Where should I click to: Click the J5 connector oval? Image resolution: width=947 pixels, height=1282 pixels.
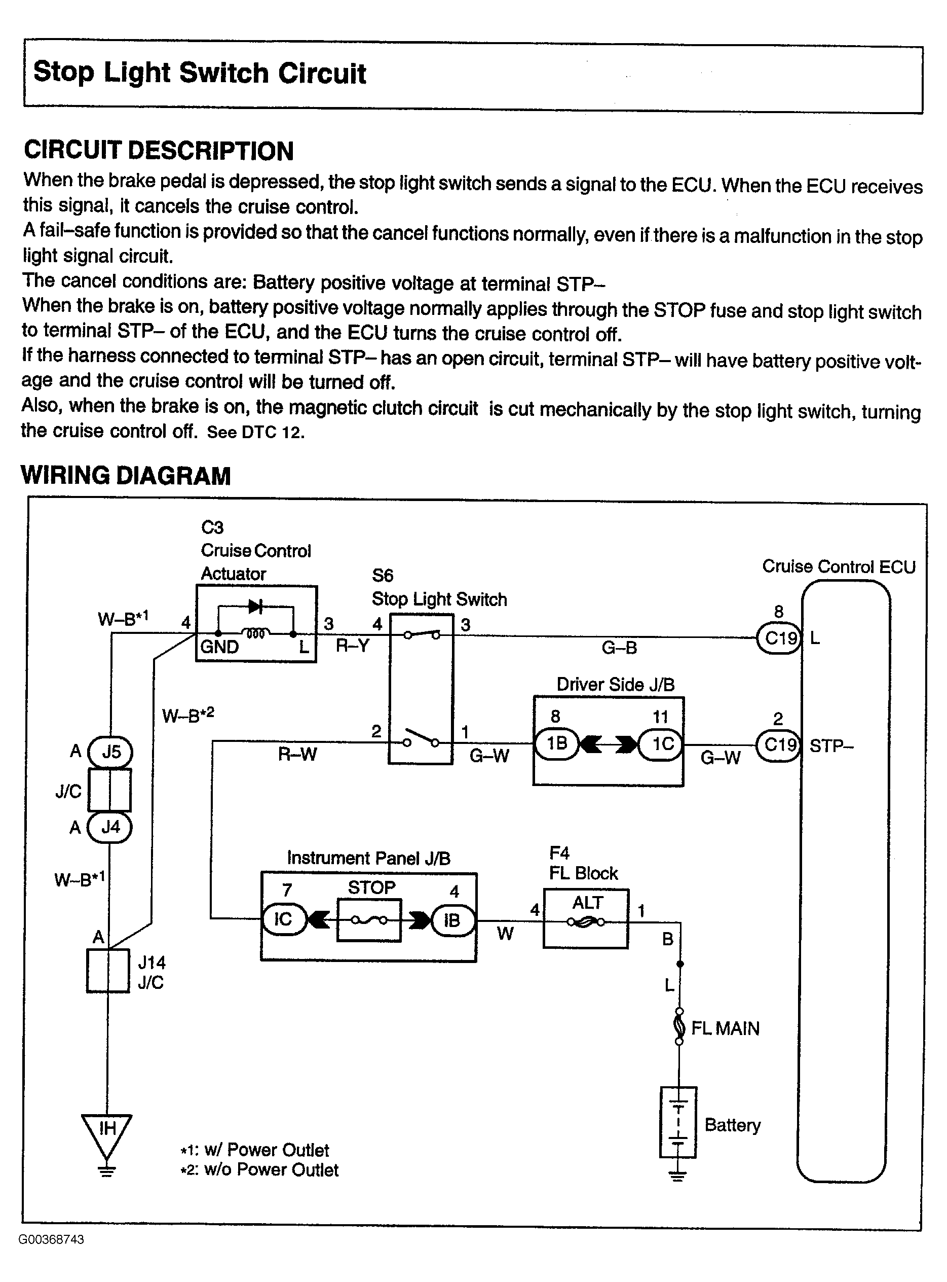click(110, 752)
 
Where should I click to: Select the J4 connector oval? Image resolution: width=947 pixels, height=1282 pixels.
click(109, 827)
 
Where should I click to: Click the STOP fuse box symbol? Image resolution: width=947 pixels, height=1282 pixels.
click(369, 920)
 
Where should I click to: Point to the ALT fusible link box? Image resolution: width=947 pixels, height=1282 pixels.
click(585, 918)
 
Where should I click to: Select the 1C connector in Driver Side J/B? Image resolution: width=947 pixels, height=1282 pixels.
click(661, 744)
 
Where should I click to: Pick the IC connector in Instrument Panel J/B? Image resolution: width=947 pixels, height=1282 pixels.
click(284, 919)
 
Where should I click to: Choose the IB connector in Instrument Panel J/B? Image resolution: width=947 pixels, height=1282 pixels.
click(453, 920)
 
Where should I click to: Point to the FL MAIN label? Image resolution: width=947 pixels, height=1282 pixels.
click(725, 1028)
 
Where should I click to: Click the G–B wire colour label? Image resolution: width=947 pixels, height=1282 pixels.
click(619, 648)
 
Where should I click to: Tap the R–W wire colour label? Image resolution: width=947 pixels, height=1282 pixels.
click(297, 754)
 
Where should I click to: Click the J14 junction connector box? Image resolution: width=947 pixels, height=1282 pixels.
click(108, 971)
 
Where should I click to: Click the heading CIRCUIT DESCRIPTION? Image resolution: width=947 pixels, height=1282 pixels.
click(159, 151)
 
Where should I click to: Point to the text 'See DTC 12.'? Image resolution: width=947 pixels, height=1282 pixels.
click(256, 432)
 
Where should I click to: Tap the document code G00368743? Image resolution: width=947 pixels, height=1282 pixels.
click(52, 1239)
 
